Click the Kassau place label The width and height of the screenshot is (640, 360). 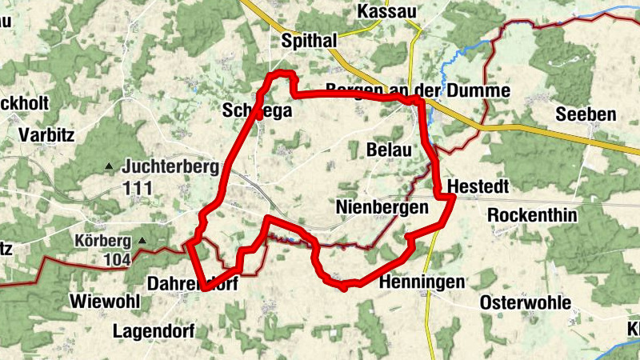pyautogui.click(x=387, y=11)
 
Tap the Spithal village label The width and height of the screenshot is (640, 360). pyautogui.click(x=310, y=40)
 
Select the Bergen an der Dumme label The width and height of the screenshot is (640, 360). pyautogui.click(x=418, y=90)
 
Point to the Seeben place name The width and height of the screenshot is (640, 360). pyautogui.click(x=586, y=114)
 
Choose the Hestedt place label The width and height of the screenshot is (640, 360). pyautogui.click(x=479, y=186)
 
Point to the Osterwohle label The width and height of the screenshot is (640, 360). pyautogui.click(x=526, y=302)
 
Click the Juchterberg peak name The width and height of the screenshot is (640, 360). pyautogui.click(x=160, y=167)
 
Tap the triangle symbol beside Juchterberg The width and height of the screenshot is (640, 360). pyautogui.click(x=109, y=167)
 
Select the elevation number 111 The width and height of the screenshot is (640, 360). pyautogui.click(x=138, y=187)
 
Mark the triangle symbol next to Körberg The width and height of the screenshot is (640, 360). pyautogui.click(x=142, y=240)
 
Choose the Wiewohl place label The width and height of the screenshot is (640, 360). pyautogui.click(x=106, y=302)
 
